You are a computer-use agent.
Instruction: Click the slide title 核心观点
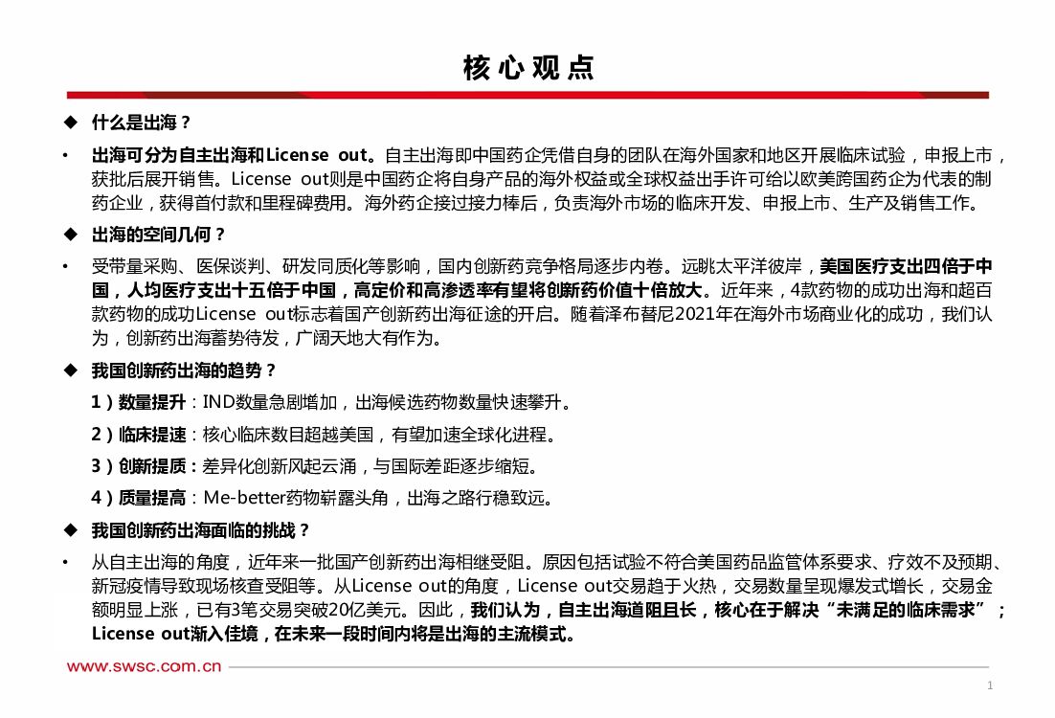click(527, 68)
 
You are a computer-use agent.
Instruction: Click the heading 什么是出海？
click(142, 123)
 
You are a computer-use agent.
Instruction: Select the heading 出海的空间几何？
click(159, 235)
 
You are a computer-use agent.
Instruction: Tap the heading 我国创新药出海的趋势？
click(185, 370)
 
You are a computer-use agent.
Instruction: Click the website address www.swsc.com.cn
click(145, 666)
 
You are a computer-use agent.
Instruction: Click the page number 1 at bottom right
click(990, 684)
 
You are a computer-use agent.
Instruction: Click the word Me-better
click(244, 498)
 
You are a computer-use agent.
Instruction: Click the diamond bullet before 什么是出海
click(69, 123)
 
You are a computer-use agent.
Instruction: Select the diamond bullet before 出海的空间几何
click(69, 235)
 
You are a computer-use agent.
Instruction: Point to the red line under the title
click(527, 95)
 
